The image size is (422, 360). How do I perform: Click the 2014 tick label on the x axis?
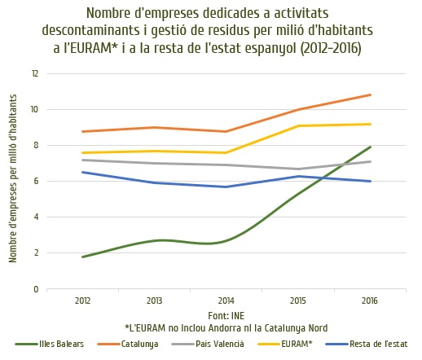(226, 301)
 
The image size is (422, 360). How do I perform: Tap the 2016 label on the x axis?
(370, 301)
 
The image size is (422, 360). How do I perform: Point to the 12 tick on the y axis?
(35, 73)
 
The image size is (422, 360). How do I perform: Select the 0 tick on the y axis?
(36, 289)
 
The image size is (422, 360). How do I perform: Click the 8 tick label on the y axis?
(36, 145)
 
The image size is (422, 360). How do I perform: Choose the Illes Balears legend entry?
(50, 344)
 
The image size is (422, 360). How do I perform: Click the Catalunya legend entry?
(128, 344)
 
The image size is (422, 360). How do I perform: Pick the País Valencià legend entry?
(208, 344)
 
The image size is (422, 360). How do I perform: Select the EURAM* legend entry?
(285, 344)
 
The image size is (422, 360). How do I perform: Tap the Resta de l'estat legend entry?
(367, 344)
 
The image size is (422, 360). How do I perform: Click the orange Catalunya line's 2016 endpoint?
(370, 95)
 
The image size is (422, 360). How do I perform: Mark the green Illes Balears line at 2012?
(83, 257)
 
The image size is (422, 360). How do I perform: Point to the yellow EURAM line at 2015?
(298, 126)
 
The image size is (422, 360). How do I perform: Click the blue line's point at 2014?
(226, 187)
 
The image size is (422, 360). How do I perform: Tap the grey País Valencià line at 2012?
(83, 160)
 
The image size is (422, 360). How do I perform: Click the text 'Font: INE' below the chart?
(226, 316)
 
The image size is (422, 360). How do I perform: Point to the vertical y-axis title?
(12, 178)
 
